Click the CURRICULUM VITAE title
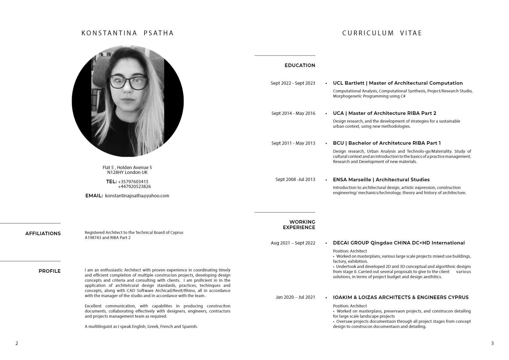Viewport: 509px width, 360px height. click(x=382, y=33)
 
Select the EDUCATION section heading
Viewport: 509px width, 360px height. click(x=300, y=65)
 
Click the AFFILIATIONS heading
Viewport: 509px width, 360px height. click(x=43, y=234)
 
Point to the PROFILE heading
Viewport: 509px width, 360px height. click(x=49, y=271)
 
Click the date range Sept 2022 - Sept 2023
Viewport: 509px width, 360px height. click(x=293, y=83)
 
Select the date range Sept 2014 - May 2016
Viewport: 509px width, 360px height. click(x=293, y=113)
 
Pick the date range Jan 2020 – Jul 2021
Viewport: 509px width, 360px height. click(x=295, y=297)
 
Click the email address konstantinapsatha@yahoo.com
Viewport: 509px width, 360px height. click(x=137, y=196)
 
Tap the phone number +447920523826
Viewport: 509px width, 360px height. click(x=134, y=186)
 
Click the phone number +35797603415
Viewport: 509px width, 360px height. click(x=133, y=182)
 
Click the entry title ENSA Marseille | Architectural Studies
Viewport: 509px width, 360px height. click(x=381, y=180)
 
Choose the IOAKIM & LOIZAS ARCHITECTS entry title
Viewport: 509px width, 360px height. click(x=401, y=297)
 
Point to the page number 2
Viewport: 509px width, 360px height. click(x=17, y=343)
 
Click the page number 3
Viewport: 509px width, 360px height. click(x=492, y=343)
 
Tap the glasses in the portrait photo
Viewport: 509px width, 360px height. click(x=129, y=82)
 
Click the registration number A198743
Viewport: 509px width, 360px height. click(x=93, y=238)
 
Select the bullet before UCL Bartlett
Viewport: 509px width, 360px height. click(x=326, y=83)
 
